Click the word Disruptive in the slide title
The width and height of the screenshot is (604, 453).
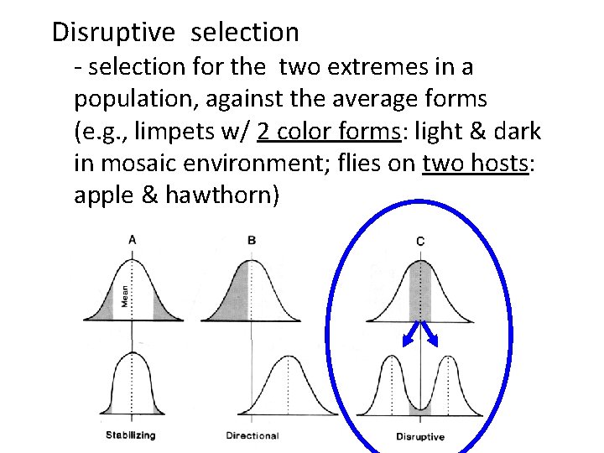113,33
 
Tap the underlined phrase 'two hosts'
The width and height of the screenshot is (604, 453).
476,164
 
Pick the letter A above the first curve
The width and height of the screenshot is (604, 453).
132,240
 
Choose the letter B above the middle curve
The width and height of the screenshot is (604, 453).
252,240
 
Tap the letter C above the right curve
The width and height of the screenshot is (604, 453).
420,241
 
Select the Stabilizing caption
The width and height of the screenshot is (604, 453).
131,435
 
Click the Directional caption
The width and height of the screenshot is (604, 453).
253,435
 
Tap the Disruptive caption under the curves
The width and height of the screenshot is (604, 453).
420,436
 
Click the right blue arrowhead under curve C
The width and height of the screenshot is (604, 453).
435,341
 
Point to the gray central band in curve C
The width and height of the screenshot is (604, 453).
419,294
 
